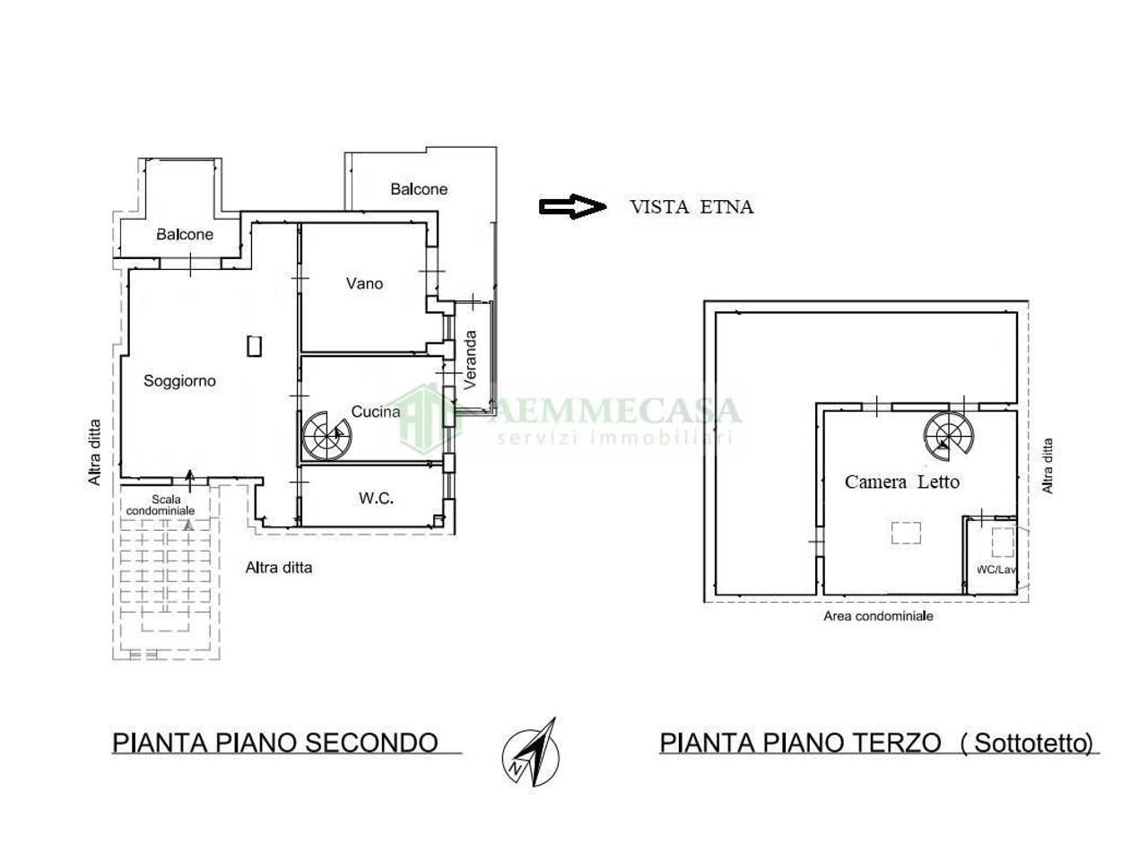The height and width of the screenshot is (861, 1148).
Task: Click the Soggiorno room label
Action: (179, 381)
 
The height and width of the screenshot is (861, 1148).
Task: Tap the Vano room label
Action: (364, 283)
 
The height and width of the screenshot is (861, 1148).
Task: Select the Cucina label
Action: (376, 412)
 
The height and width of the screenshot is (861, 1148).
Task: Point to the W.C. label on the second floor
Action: (376, 498)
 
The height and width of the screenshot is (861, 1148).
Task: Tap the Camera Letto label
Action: (901, 483)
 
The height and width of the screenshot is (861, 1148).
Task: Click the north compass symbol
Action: (530, 753)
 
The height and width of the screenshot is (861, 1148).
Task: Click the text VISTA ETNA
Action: (691, 207)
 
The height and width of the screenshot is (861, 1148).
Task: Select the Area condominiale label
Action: (878, 616)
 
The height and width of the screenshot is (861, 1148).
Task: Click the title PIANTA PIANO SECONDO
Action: (274, 743)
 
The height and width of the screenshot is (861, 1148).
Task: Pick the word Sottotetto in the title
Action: (1032, 743)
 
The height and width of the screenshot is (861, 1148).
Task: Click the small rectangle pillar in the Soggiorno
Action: (255, 345)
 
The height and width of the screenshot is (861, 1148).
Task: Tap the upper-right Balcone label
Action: (419, 189)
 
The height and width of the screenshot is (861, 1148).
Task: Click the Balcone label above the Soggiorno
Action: (185, 234)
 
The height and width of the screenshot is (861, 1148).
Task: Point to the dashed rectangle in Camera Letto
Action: (906, 534)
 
